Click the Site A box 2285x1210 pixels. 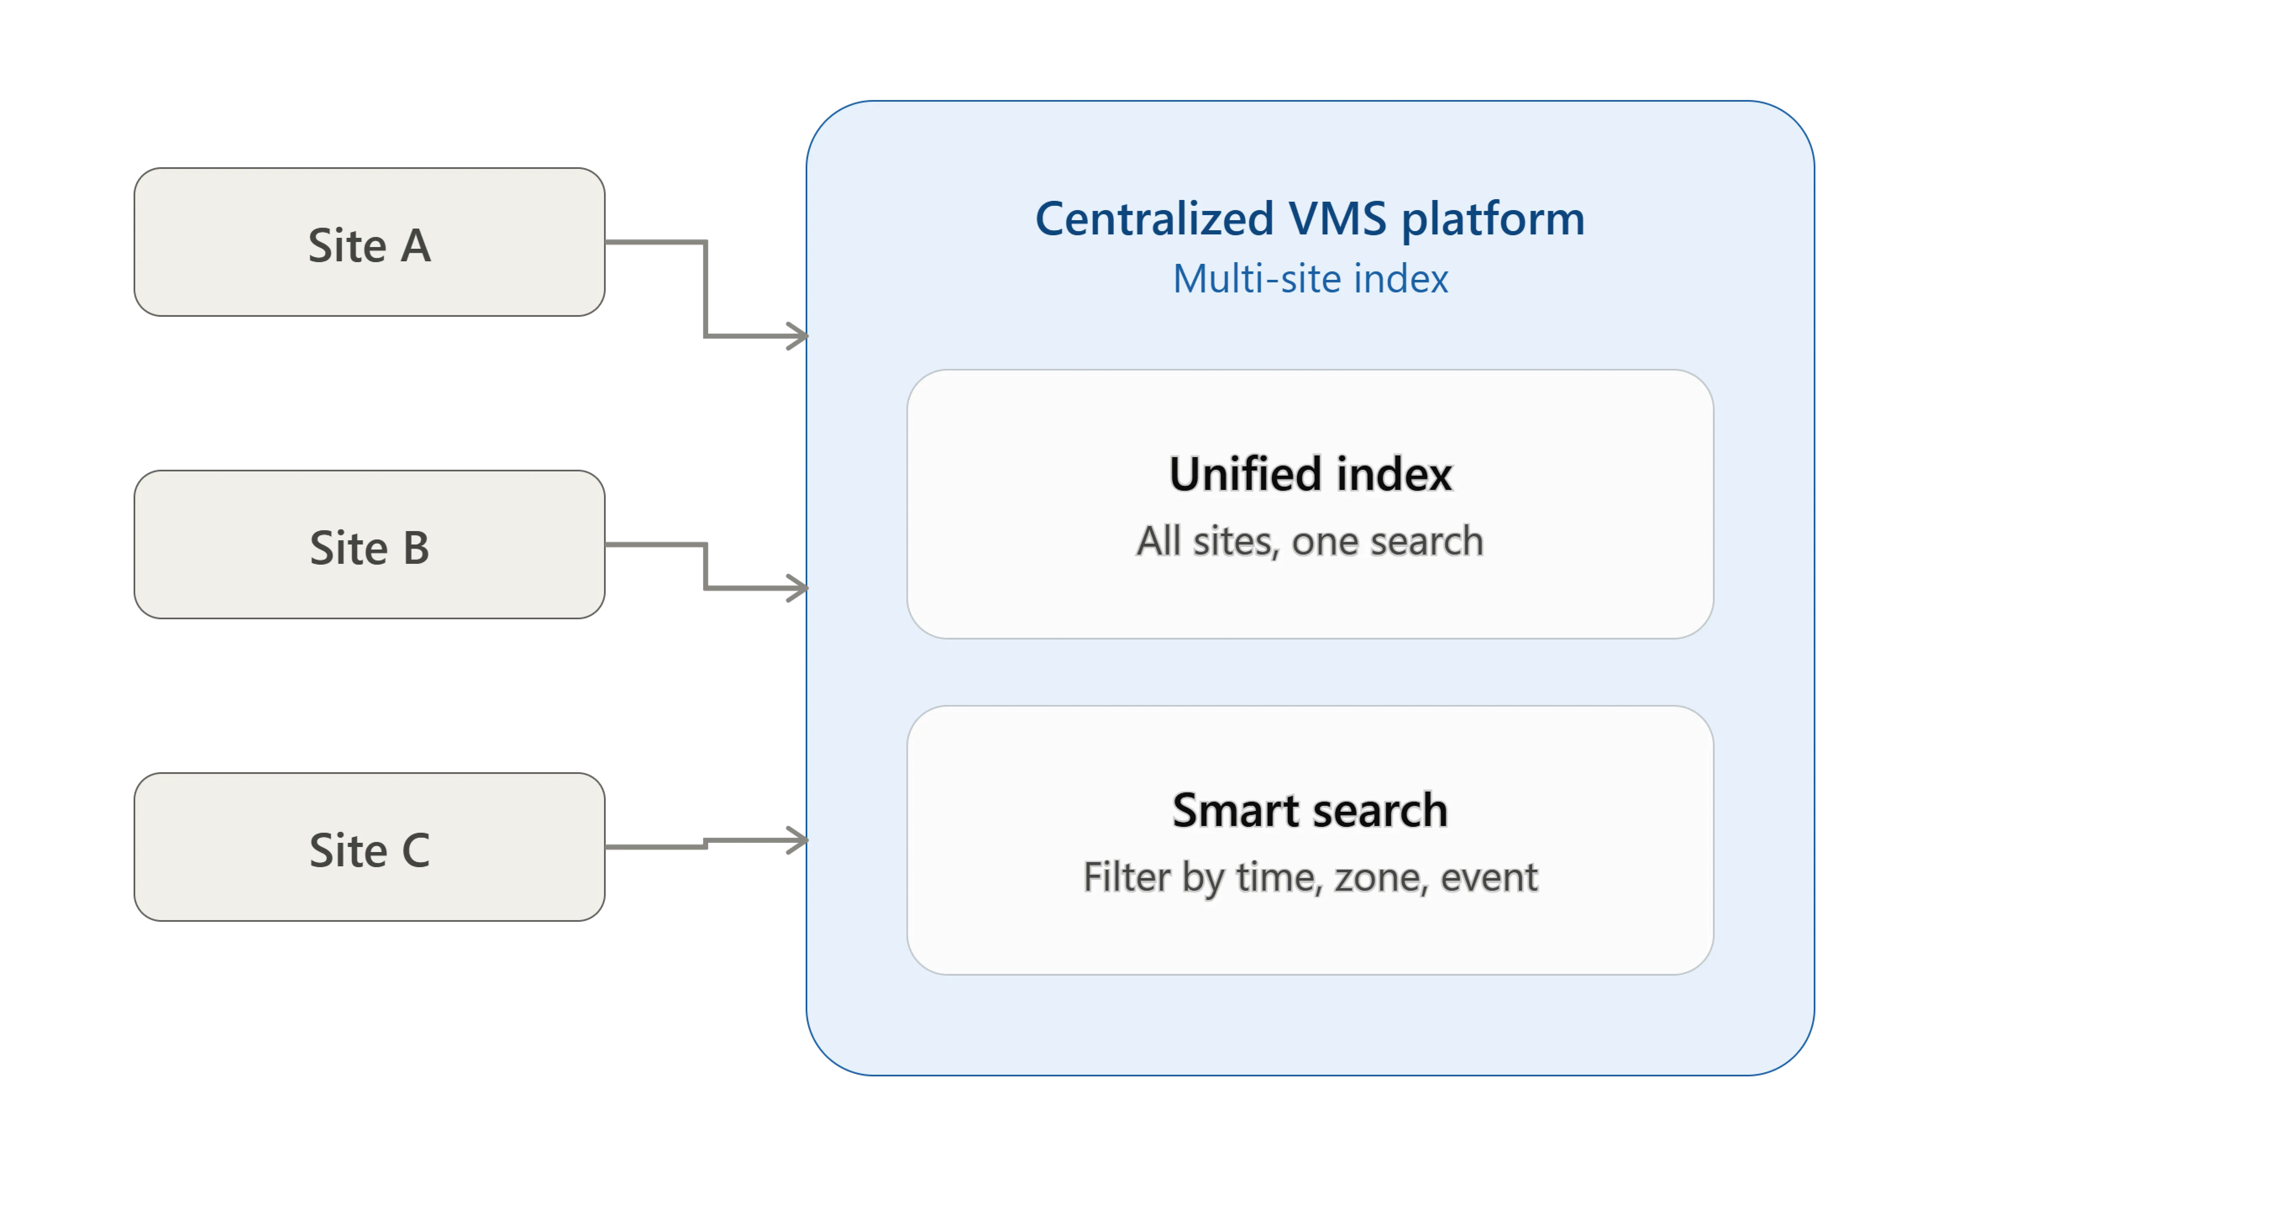[369, 242]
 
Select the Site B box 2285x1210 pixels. [369, 544]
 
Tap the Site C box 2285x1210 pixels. [369, 847]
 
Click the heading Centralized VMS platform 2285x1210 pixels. [1309, 219]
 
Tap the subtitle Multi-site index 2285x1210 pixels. [1310, 279]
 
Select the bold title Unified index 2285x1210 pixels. [1310, 474]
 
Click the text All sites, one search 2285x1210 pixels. [1310, 541]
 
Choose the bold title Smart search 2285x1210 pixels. [1310, 810]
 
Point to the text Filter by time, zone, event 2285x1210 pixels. [1310, 877]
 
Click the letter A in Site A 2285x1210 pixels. [415, 246]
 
